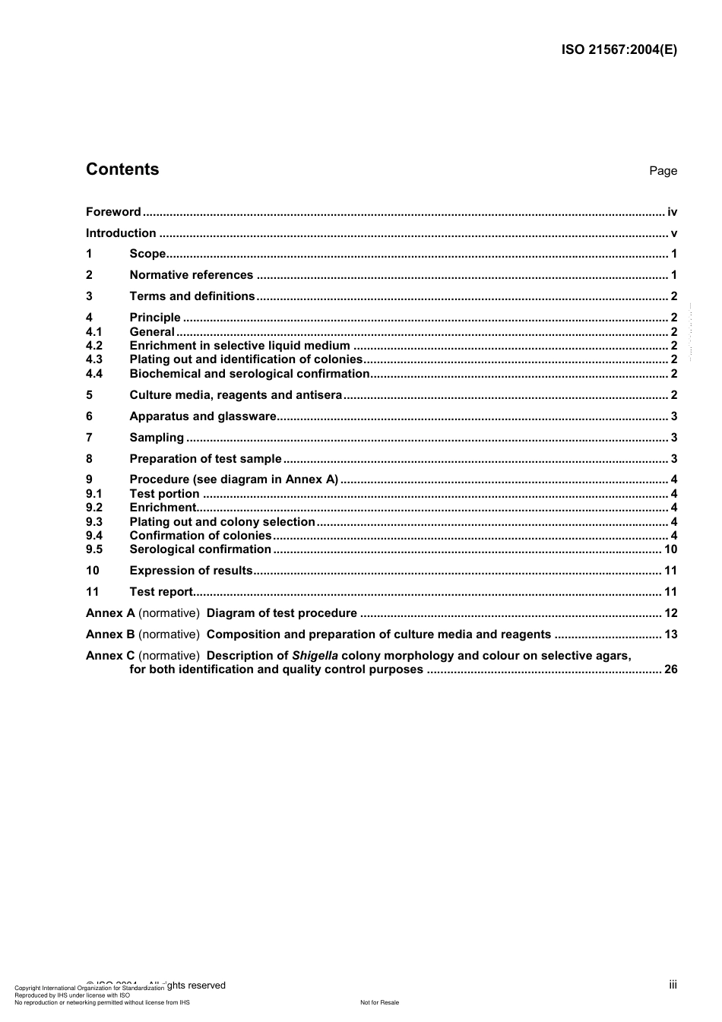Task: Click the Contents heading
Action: pyautogui.click(x=122, y=169)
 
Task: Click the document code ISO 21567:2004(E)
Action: pyautogui.click(x=619, y=50)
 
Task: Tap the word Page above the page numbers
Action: pyautogui.click(x=663, y=171)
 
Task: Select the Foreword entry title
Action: pyautogui.click(x=113, y=212)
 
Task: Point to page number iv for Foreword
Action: pyautogui.click(x=672, y=212)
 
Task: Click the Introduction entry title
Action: pyautogui.click(x=121, y=233)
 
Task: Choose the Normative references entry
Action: pyautogui.click(x=191, y=275)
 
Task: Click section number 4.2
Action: pyautogui.click(x=94, y=346)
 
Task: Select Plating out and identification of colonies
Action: pyautogui.click(x=245, y=359)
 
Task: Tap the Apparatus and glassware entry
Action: pyautogui.click(x=202, y=416)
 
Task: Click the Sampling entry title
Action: pyautogui.click(x=157, y=438)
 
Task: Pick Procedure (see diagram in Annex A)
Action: pyautogui.click(x=233, y=479)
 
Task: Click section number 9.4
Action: pyautogui.click(x=94, y=536)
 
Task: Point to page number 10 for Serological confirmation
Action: pyautogui.click(x=670, y=549)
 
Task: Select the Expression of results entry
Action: pyautogui.click(x=191, y=571)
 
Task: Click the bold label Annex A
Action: pyautogui.click(x=110, y=613)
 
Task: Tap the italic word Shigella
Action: pyautogui.click(x=315, y=656)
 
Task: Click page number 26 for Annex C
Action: pyautogui.click(x=670, y=669)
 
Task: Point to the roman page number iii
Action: pyautogui.click(x=673, y=985)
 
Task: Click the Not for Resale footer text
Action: pyautogui.click(x=379, y=1002)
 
